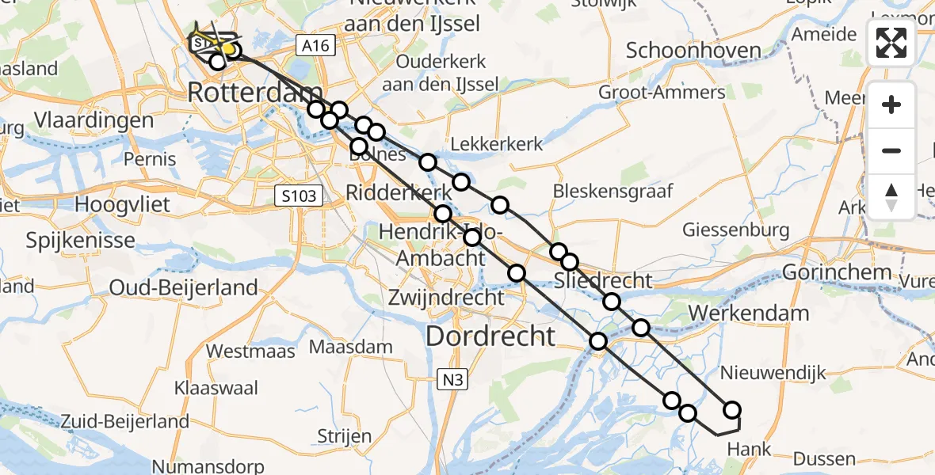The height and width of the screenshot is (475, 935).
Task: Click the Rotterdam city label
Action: pos(255,93)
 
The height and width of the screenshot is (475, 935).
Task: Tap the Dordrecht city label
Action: pos(490,336)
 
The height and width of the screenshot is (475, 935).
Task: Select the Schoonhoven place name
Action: pos(693,51)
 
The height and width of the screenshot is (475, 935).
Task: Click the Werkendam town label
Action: pos(749,313)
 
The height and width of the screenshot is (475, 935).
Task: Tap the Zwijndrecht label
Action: pos(446,298)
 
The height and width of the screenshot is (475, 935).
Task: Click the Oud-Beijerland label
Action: pos(183,287)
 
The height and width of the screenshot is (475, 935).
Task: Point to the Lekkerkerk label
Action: pos(497,144)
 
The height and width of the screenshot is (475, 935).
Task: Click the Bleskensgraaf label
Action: pos(613,191)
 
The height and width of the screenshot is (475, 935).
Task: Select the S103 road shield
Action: pos(300,196)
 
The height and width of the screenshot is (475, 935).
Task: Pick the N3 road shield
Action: pos(452,380)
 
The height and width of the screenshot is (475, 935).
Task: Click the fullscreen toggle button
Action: pos(891,43)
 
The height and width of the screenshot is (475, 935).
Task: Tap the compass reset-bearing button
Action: pos(891,197)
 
